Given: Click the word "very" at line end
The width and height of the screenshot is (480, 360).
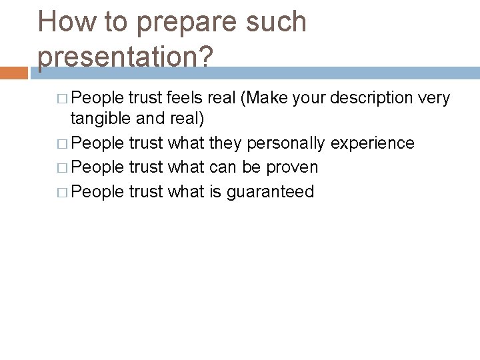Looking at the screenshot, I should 435,99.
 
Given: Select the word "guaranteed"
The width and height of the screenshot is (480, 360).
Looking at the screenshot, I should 270,192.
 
